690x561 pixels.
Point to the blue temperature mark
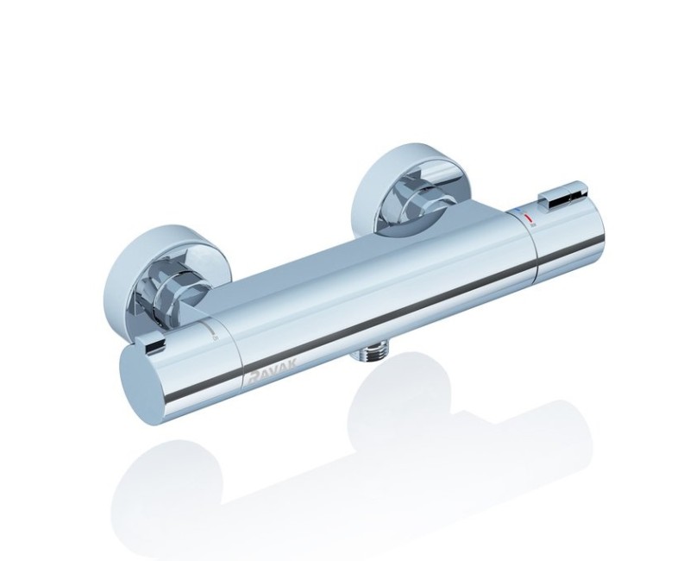click(520, 211)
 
